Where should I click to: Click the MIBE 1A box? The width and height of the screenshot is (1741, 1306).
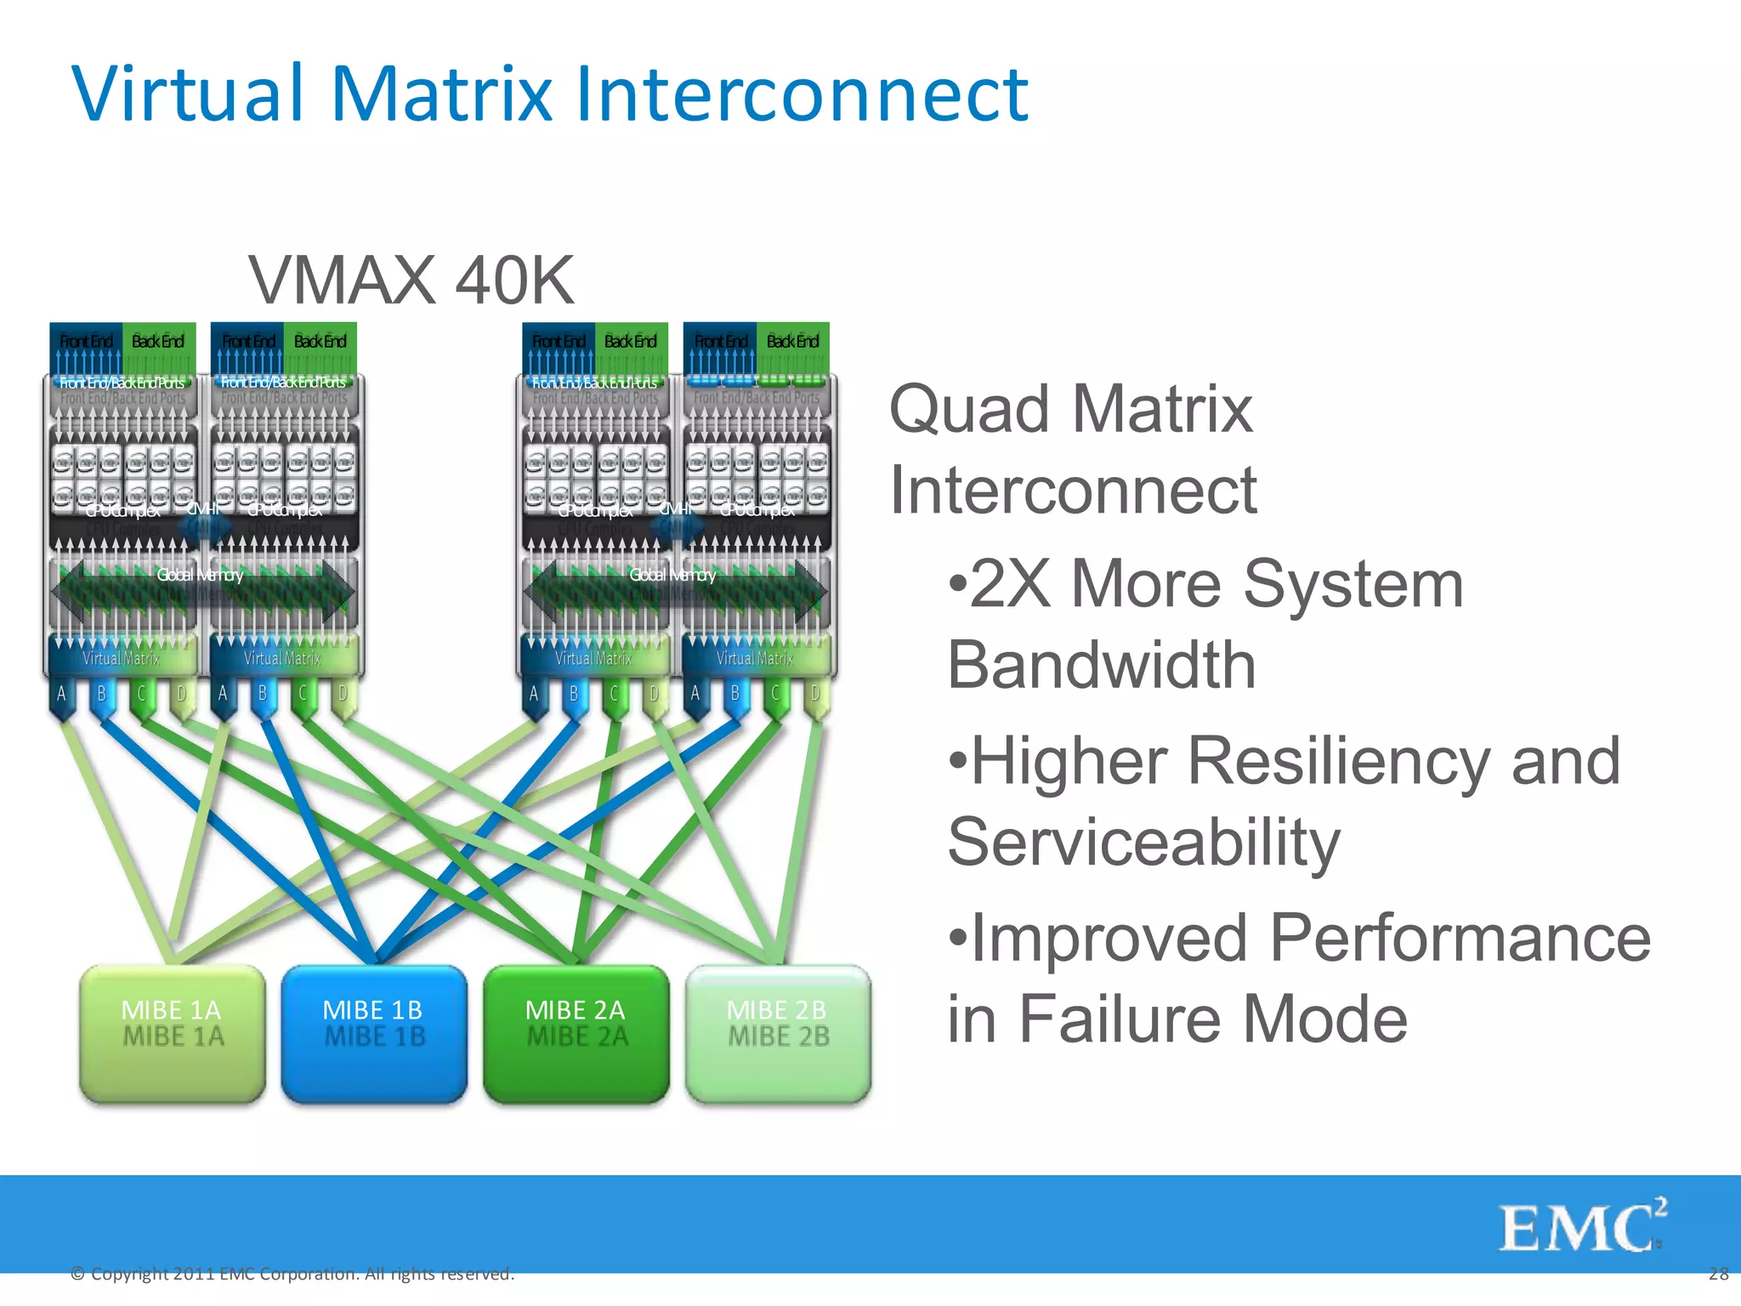pos(173,1033)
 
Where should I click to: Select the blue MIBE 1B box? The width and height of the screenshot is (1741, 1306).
pos(374,1033)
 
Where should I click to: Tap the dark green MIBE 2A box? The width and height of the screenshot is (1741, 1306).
pos(576,1033)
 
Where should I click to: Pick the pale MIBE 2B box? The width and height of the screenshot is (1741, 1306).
pos(778,1033)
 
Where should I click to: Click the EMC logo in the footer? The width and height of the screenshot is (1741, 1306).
pos(1581,1226)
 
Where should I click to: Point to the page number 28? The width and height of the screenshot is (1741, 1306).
pos(1718,1274)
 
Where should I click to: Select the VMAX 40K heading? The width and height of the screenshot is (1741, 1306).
pos(411,281)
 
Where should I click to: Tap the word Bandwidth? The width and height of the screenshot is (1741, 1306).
pos(1102,665)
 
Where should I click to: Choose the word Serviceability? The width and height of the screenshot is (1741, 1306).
pos(1144,842)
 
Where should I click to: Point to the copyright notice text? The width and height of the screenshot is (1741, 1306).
pos(292,1274)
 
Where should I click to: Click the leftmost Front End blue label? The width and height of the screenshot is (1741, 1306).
pos(86,342)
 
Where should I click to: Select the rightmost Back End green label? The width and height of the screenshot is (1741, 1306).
pos(792,342)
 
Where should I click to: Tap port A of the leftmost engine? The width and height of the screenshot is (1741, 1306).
pos(61,695)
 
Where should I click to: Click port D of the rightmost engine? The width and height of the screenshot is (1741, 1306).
pos(815,695)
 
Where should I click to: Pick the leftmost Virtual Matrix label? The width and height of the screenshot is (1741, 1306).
pos(121,658)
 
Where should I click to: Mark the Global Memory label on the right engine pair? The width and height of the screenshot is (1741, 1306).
pos(672,576)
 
